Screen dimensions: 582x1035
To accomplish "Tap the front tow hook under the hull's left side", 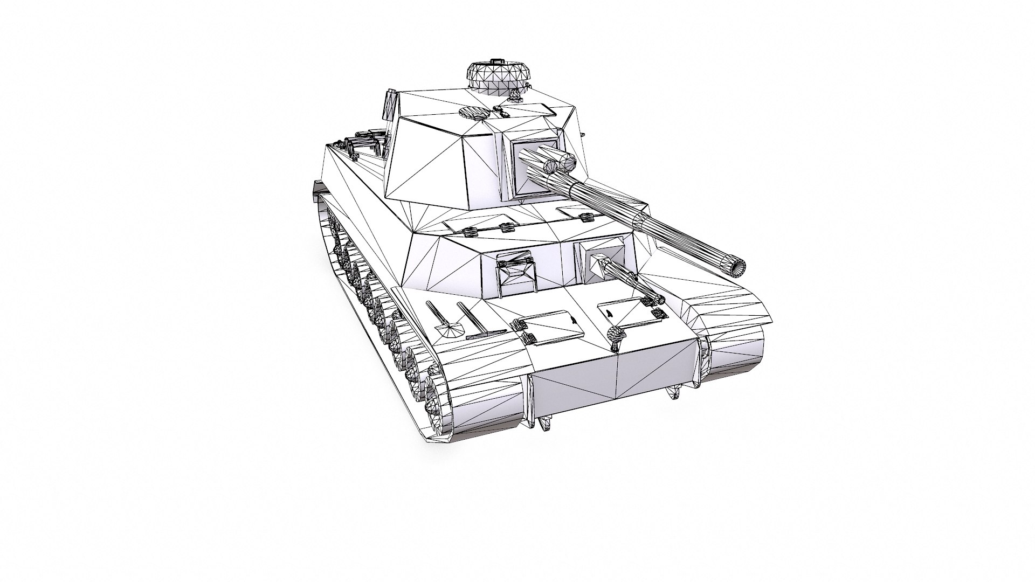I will tap(546, 422).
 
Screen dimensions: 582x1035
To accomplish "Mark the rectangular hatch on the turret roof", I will tap(531, 111).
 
